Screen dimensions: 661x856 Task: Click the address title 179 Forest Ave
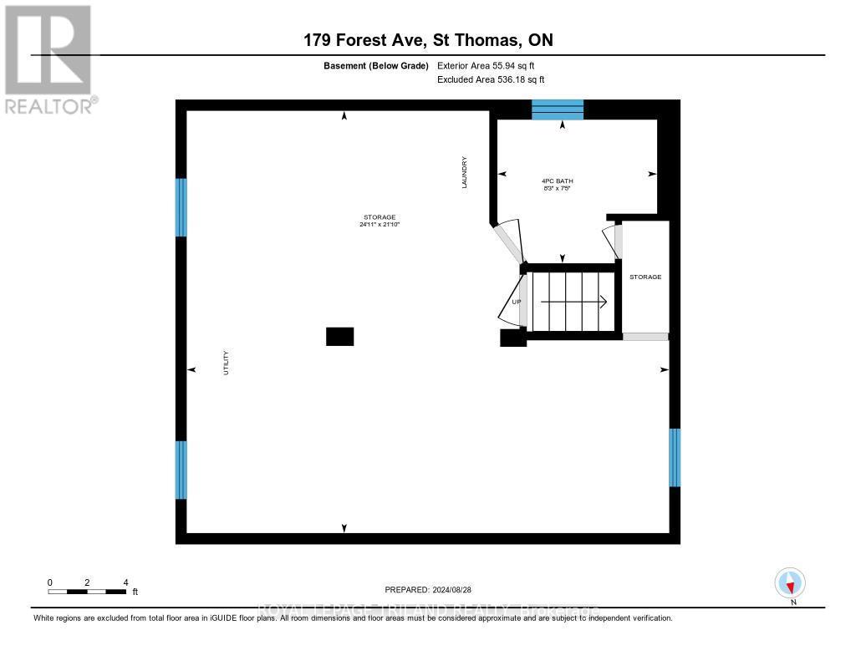(427, 40)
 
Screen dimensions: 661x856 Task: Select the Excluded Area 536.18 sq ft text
(491, 80)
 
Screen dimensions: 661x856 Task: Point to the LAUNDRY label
(465, 173)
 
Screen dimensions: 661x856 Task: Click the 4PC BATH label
(558, 181)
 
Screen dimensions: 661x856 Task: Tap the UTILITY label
(226, 363)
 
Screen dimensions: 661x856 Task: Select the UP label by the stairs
(517, 302)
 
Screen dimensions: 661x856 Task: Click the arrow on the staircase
(576, 301)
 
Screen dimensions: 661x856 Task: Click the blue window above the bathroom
(558, 109)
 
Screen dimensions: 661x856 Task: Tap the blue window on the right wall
(675, 457)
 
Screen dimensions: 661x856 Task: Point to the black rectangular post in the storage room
(339, 336)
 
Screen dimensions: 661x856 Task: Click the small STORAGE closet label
(645, 277)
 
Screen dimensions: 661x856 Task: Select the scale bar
(88, 592)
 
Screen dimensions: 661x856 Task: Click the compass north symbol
(790, 582)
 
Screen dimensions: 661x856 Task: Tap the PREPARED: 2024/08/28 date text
(434, 589)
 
